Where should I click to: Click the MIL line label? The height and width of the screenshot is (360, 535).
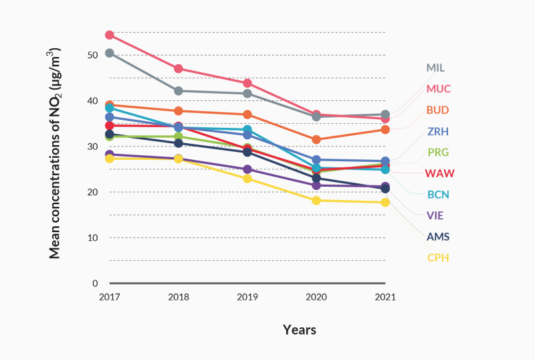point(435,68)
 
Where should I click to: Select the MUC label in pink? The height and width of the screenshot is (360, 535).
point(437,88)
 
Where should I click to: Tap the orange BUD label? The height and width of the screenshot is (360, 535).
point(437,110)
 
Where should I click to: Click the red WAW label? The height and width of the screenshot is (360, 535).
point(439,173)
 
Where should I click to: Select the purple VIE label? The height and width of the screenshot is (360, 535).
point(435,215)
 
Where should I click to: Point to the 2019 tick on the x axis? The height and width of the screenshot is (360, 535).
point(247,297)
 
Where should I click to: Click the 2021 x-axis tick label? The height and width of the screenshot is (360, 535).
point(385,297)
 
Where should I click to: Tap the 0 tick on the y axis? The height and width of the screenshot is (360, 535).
point(95,283)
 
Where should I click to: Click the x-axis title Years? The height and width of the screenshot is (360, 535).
point(299,330)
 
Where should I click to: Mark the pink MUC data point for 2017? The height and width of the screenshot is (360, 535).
point(110,35)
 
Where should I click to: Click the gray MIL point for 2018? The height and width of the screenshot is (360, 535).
point(179,90)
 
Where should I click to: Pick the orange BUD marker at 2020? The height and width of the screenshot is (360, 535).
point(316,139)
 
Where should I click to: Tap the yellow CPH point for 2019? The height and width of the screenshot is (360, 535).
point(247,179)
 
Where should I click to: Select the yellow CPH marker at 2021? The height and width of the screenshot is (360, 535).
point(385,202)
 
